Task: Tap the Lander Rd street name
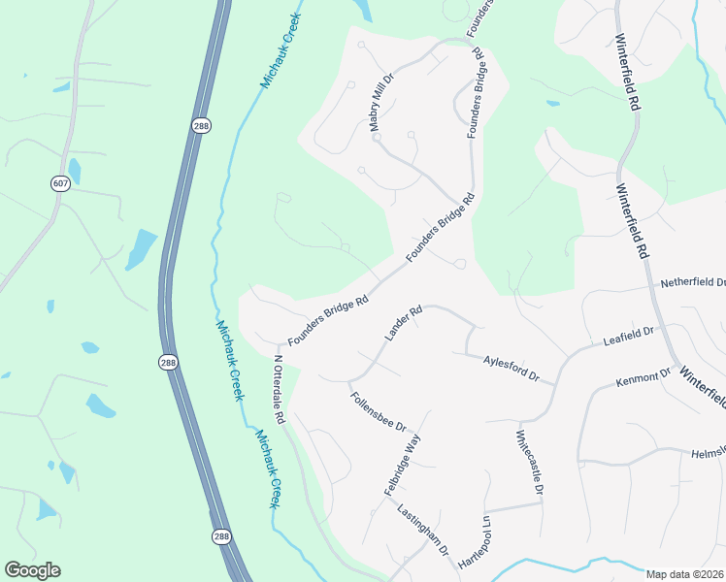(404, 323)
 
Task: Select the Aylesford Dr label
(511, 368)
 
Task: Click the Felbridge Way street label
(403, 467)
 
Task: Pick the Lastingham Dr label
(422, 529)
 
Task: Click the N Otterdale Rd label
(279, 389)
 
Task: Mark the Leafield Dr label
(629, 337)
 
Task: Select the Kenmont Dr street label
(643, 377)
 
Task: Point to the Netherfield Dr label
(693, 283)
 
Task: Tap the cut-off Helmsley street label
(708, 453)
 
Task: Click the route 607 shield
(61, 183)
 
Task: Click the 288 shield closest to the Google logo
(222, 535)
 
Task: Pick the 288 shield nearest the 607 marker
(201, 127)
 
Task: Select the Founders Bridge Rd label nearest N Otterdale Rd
(328, 319)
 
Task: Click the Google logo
(32, 570)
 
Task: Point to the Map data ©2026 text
(683, 574)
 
